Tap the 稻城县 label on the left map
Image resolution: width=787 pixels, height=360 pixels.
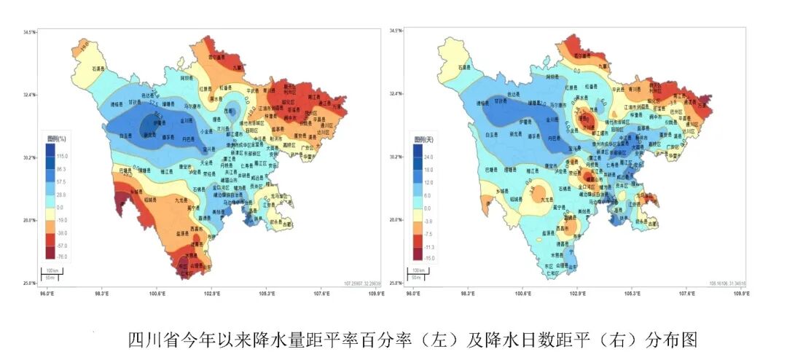pyautogui.click(x=152, y=198)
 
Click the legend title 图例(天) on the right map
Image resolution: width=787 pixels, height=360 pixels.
pyautogui.click(x=422, y=138)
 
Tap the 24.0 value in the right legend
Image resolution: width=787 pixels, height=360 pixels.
pyautogui.click(x=428, y=157)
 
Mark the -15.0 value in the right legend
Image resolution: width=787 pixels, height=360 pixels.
pyautogui.click(x=428, y=257)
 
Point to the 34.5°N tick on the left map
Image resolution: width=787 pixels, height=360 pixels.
pyautogui.click(x=29, y=31)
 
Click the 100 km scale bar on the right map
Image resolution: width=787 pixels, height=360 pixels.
pyautogui.click(x=417, y=271)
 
